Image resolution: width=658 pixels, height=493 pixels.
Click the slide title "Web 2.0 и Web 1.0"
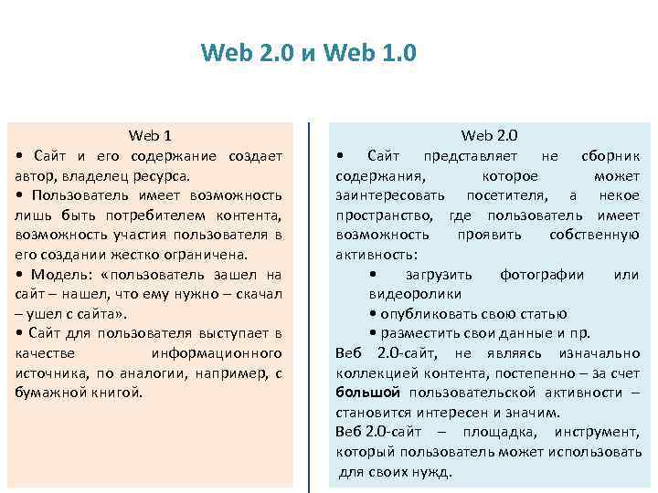pyautogui.click(x=309, y=53)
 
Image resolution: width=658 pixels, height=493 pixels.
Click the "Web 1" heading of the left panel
pyautogui.click(x=150, y=136)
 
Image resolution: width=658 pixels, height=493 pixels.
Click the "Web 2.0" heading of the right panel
pyautogui.click(x=489, y=136)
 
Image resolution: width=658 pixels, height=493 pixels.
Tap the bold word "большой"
pyautogui.click(x=367, y=393)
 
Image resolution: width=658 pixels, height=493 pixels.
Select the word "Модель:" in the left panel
pyautogui.click(x=63, y=275)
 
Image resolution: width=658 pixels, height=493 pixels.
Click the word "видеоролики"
pyautogui.click(x=415, y=294)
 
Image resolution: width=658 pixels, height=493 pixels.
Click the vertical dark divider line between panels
pyautogui.click(x=309, y=301)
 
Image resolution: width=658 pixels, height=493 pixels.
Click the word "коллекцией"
pyautogui.click(x=373, y=372)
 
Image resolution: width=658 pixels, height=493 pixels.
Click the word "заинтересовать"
pyautogui.click(x=390, y=195)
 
